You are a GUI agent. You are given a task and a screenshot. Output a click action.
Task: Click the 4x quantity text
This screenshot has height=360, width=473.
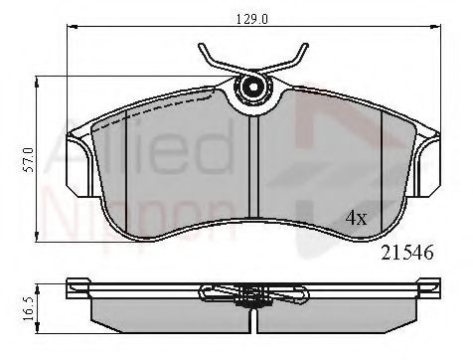pos(355,218)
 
